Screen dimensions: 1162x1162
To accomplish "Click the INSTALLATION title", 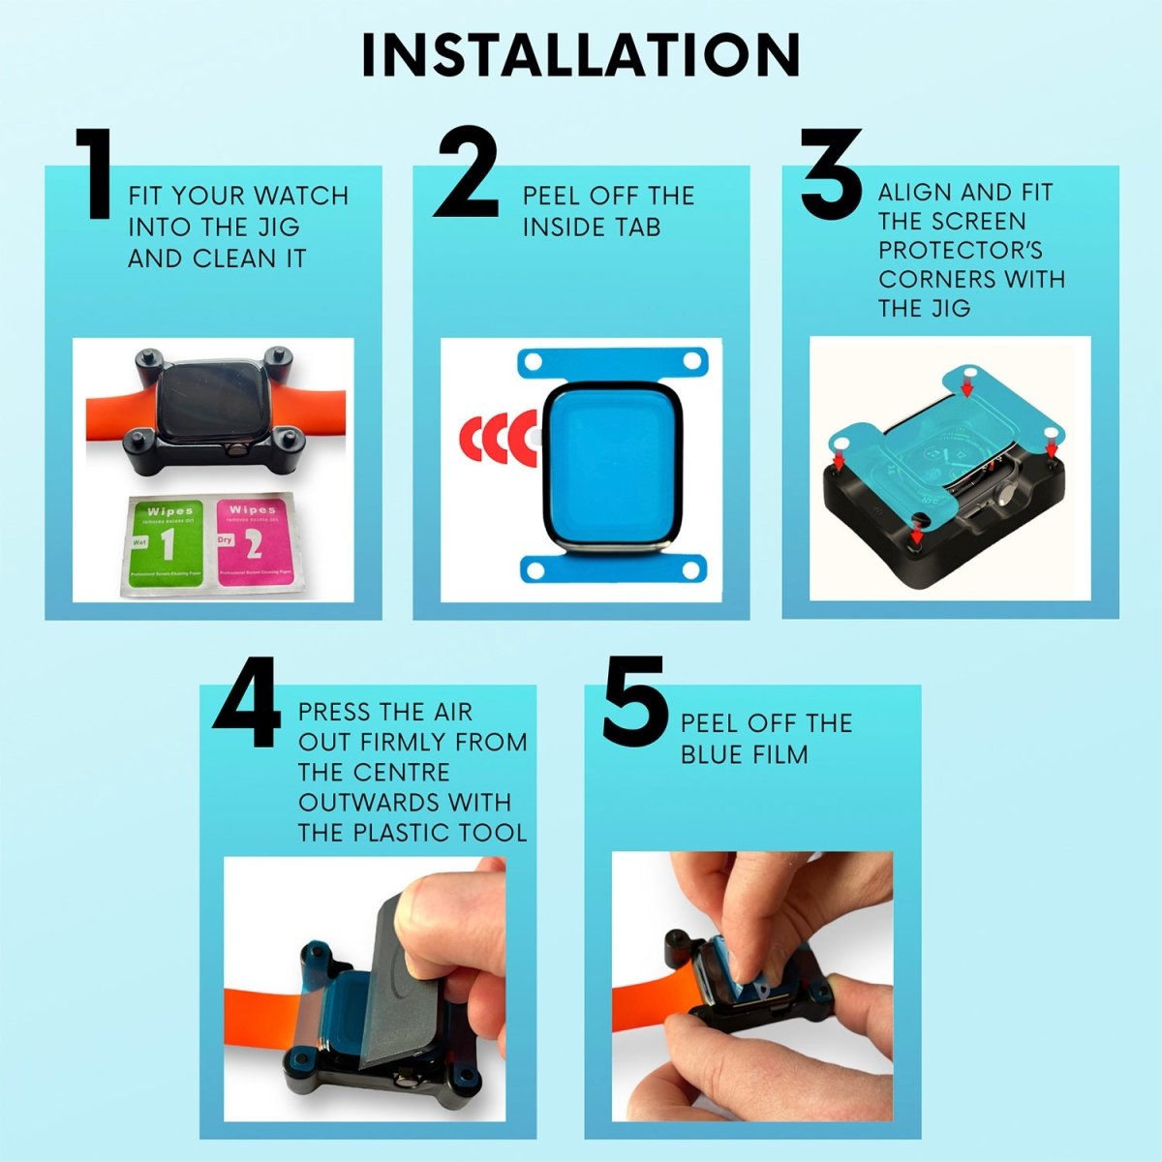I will tap(580, 55).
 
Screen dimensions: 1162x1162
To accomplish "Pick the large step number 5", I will tap(634, 702).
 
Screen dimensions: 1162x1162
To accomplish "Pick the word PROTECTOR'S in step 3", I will tap(960, 251).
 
